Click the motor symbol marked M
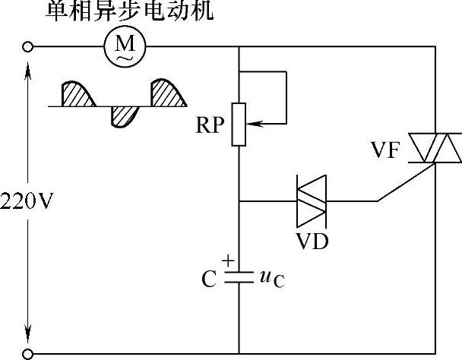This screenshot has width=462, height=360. tap(122, 47)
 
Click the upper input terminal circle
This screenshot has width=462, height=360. tap(29, 47)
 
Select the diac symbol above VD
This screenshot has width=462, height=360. tap(311, 201)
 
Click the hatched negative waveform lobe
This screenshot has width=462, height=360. tap(123, 115)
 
